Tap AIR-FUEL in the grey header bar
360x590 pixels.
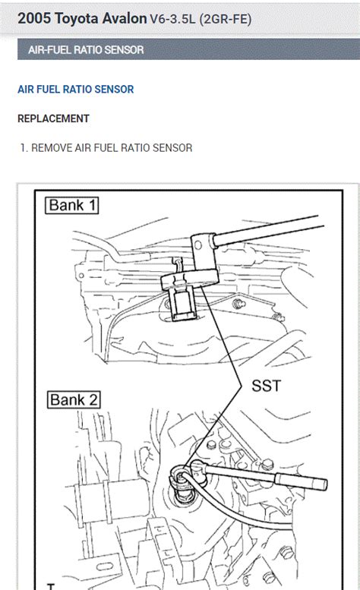(47, 50)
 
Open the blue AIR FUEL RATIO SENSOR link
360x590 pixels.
(75, 90)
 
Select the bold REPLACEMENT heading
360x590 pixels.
(53, 119)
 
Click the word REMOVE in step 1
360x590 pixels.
(52, 148)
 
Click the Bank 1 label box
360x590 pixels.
(74, 205)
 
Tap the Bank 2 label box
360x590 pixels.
(74, 400)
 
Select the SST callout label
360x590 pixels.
(266, 386)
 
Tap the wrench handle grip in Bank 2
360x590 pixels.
(300, 481)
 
